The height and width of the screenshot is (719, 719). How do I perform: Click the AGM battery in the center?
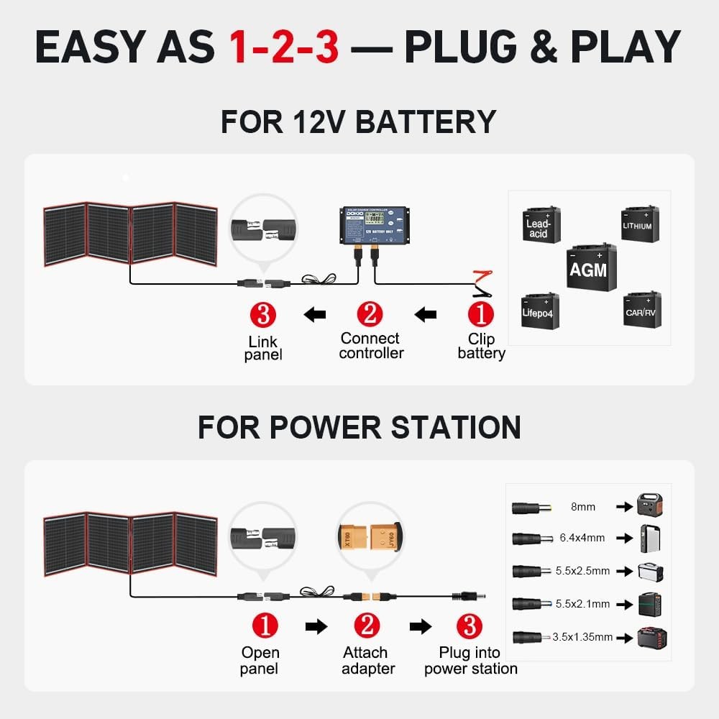pyautogui.click(x=591, y=267)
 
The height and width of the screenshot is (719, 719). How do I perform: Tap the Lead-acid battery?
pyautogui.click(x=541, y=224)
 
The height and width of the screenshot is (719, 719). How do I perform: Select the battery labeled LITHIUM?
pyautogui.click(x=639, y=223)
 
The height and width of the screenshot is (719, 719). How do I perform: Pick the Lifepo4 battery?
pyautogui.click(x=540, y=311)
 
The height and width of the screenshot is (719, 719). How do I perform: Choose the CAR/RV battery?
pyautogui.click(x=641, y=310)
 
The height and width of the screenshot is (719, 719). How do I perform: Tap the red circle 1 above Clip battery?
pyautogui.click(x=481, y=314)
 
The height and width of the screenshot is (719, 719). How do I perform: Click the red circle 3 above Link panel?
pyautogui.click(x=263, y=314)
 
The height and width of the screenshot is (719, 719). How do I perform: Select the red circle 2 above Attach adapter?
pyautogui.click(x=369, y=626)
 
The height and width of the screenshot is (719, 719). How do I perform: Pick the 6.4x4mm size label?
pyautogui.click(x=582, y=538)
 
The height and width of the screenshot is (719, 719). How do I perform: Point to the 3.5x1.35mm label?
pyautogui.click(x=583, y=636)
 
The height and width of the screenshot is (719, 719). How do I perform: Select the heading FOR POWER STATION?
pyautogui.click(x=359, y=427)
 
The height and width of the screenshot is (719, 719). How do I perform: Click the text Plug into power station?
pyautogui.click(x=470, y=661)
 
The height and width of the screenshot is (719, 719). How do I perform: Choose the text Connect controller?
pyautogui.click(x=371, y=345)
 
